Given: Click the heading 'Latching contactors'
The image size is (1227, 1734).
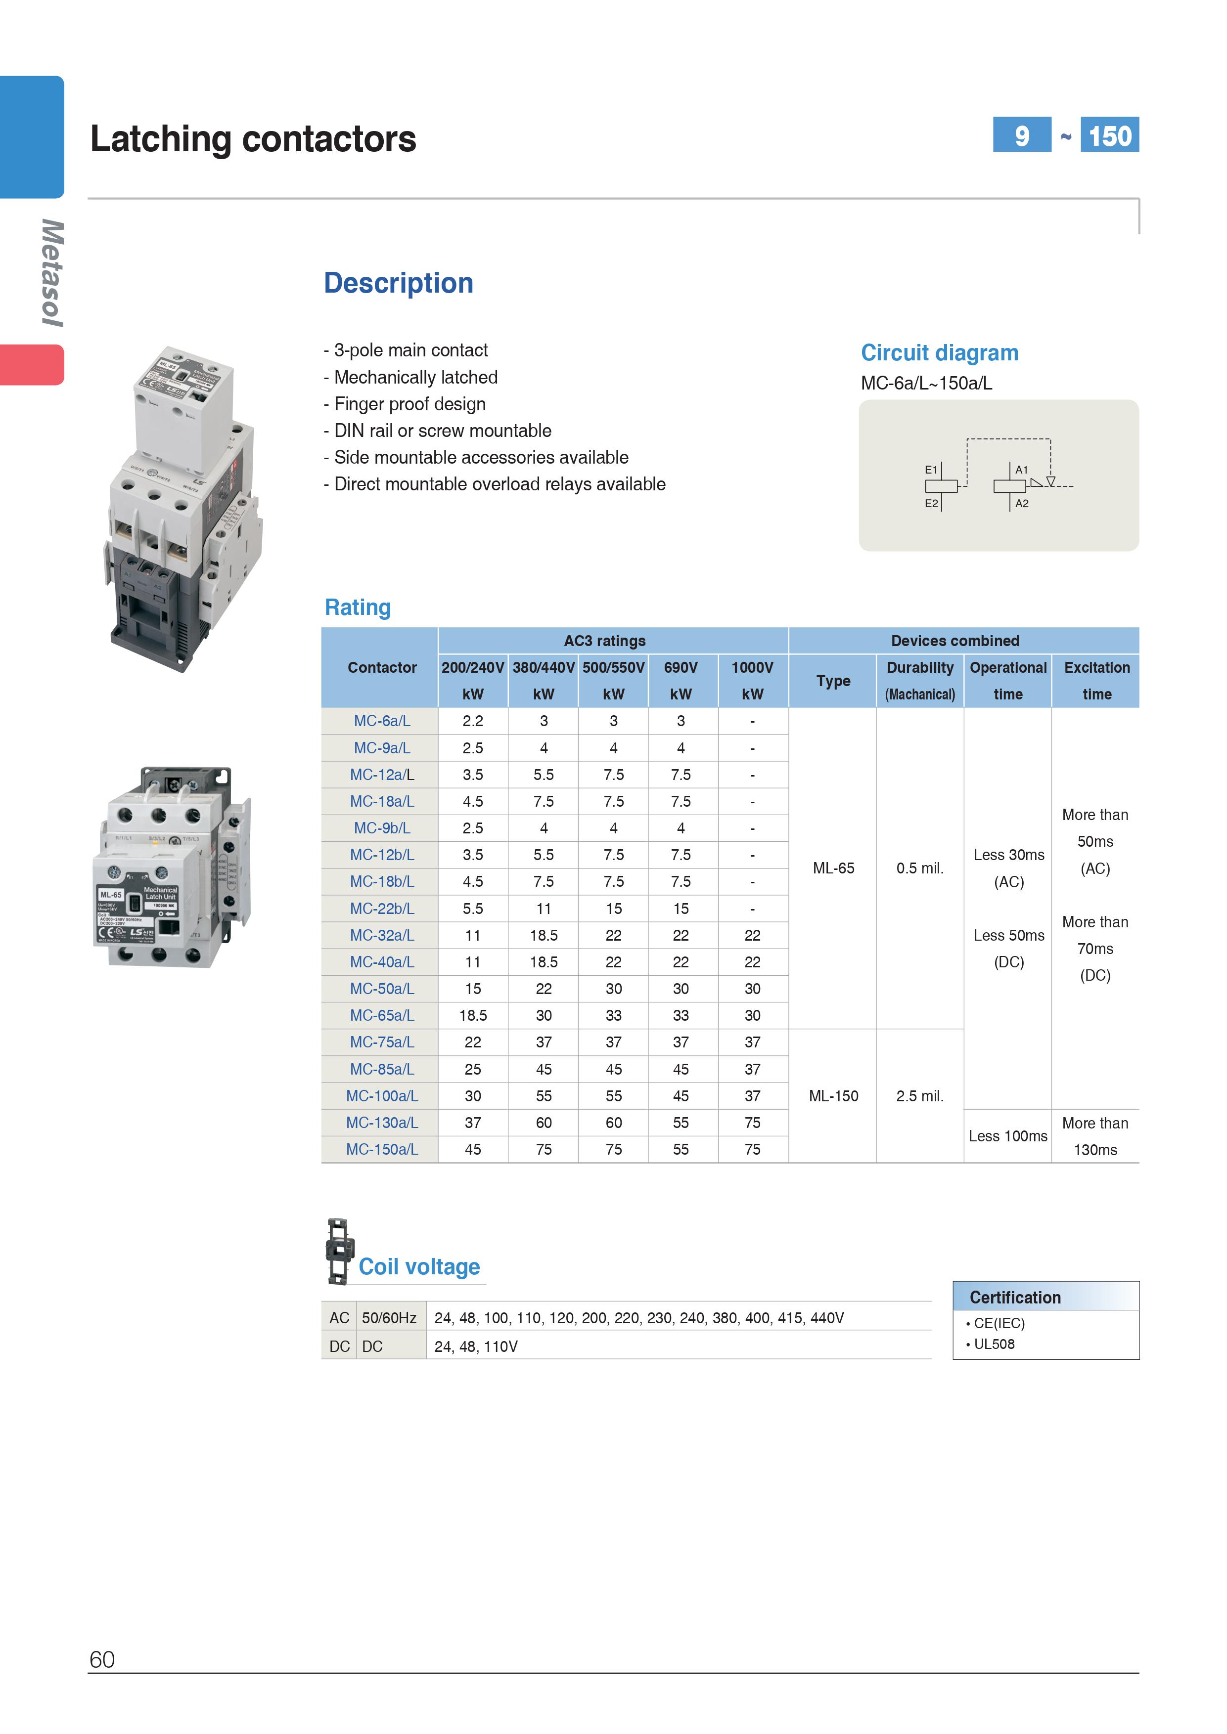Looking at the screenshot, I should click(x=253, y=139).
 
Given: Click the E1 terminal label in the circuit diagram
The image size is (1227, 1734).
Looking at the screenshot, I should click(x=931, y=470).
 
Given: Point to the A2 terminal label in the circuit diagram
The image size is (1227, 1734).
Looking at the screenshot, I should click(x=1021, y=504).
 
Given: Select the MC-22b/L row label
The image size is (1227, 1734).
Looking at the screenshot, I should click(x=381, y=909).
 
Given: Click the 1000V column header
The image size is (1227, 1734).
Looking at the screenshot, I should click(x=752, y=668).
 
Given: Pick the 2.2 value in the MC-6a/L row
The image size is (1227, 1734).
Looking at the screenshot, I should click(x=473, y=721).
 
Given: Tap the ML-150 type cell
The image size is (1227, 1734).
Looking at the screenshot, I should click(x=833, y=1096).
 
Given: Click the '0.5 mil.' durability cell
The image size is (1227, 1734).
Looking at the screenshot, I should click(x=919, y=868).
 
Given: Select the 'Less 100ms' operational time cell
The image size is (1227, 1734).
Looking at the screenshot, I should click(x=1008, y=1136).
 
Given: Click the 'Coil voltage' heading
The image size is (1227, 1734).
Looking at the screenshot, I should click(x=419, y=1266).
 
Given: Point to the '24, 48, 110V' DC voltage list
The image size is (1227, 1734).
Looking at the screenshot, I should click(x=476, y=1346).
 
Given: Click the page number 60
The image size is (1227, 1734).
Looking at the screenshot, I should click(x=102, y=1659).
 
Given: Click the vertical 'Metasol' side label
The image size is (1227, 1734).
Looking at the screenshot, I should click(x=52, y=273).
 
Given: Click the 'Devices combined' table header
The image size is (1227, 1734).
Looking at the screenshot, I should click(x=955, y=641).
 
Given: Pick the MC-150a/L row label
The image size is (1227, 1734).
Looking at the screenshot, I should click(x=381, y=1149).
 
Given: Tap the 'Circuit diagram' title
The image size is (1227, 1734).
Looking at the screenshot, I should click(x=939, y=353).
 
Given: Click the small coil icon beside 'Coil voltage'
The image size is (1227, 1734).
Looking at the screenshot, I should click(x=338, y=1252).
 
